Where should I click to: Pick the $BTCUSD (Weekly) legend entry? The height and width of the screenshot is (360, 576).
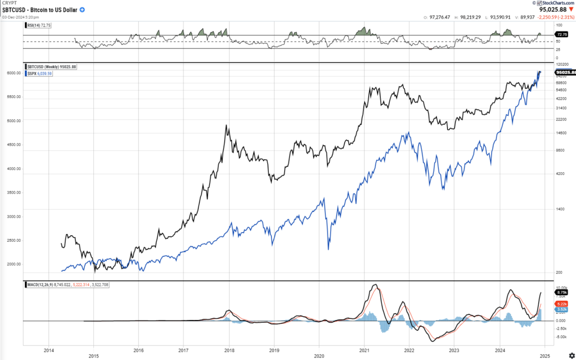pos(52,67)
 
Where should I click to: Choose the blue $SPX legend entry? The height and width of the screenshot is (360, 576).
pos(40,74)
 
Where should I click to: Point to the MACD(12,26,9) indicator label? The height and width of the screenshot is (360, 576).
pos(67,285)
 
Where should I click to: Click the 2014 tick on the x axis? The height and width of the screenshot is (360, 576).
pos(48,349)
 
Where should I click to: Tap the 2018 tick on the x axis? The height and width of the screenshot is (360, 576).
pos(228,349)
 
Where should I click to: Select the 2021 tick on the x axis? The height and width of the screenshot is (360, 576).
pos(364,349)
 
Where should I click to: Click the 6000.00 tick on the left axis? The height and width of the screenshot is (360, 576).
pos(14,73)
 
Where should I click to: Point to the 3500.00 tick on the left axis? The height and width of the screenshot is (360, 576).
pos(14,192)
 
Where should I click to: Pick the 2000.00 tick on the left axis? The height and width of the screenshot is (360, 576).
pos(14,264)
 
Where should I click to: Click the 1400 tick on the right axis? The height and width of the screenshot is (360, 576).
pos(559,209)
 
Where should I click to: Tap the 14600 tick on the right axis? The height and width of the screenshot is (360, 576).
pos(561,133)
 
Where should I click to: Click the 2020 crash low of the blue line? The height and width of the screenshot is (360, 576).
pos(328,249)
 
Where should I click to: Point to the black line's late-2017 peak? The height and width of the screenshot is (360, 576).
pos(227,125)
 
